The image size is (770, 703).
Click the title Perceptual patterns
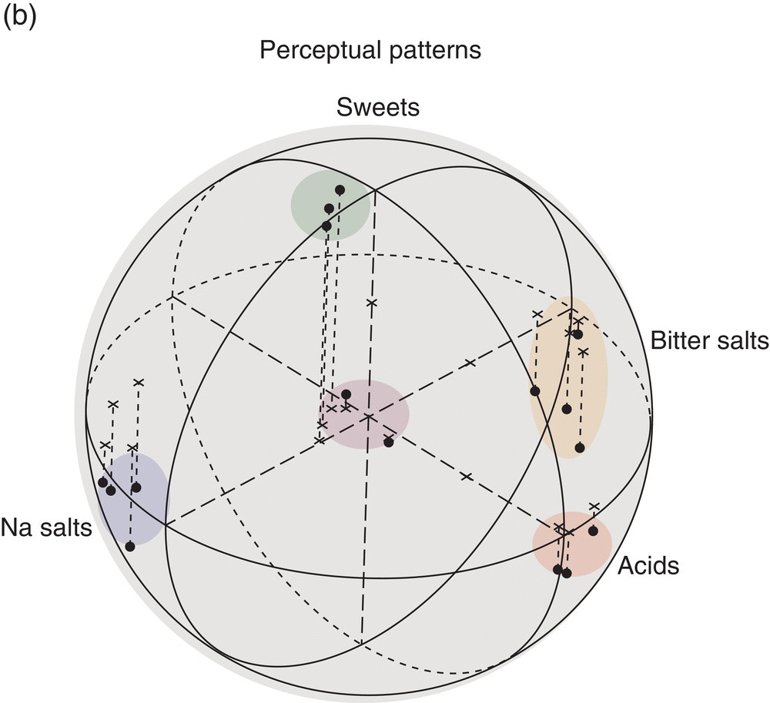[x=370, y=51]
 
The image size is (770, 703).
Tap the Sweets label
[x=378, y=107]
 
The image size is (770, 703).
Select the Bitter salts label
[x=708, y=340]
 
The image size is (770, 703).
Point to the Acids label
[x=648, y=567]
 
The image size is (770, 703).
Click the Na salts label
[x=46, y=527]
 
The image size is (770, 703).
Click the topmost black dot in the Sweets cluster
[x=340, y=189]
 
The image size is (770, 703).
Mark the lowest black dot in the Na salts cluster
[x=130, y=546]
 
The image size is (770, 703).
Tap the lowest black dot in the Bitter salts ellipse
[x=580, y=447]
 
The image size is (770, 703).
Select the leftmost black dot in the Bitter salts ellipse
[x=535, y=391]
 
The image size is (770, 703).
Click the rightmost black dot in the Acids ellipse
[x=593, y=531]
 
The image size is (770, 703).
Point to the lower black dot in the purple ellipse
[x=388, y=442]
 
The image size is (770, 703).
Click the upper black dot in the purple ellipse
[x=346, y=394]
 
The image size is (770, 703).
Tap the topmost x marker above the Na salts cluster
[x=139, y=382]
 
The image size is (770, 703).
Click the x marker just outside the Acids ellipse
[x=594, y=506]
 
